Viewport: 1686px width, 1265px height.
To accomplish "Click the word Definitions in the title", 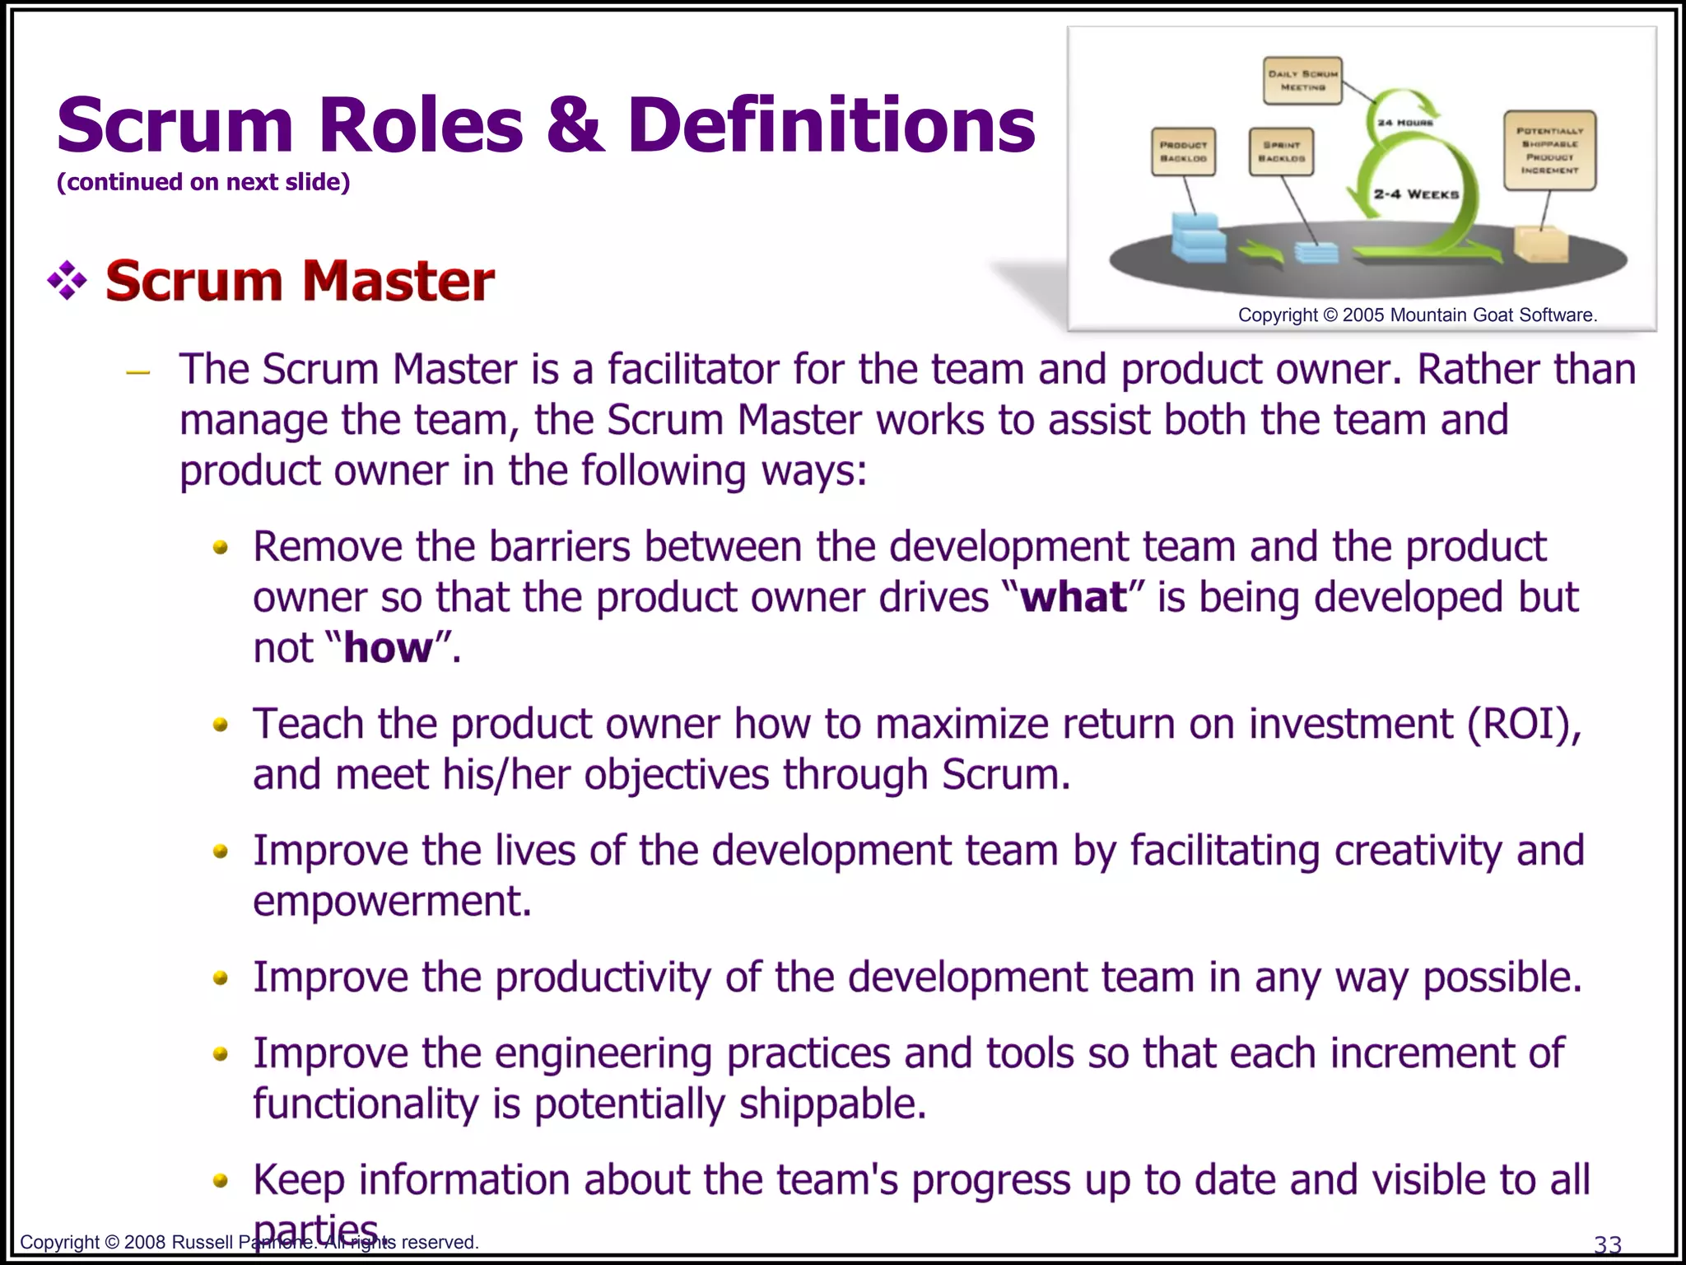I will (831, 125).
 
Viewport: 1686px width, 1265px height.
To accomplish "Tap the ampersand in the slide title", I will (575, 125).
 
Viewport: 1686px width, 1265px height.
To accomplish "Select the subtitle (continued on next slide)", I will (203, 182).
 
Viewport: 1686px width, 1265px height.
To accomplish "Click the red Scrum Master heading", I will (300, 281).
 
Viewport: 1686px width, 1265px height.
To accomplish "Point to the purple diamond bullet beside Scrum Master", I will (68, 281).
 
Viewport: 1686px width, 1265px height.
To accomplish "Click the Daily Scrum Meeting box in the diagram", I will (1302, 80).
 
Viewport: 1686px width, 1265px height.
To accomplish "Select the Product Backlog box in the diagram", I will (1183, 152).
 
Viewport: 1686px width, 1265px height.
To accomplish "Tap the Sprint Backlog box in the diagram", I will (1280, 152).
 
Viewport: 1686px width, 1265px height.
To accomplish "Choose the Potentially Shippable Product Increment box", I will (1549, 151).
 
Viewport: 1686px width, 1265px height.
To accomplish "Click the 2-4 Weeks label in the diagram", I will (1416, 194).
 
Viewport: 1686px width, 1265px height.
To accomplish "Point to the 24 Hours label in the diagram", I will (1404, 123).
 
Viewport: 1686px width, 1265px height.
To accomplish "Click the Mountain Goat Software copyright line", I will (1417, 315).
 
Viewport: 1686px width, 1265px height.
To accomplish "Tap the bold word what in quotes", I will (1074, 597).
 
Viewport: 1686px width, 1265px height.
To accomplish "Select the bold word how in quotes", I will (388, 648).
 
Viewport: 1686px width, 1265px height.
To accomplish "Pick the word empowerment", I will (392, 902).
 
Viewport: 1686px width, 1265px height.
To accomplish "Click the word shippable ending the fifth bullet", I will (832, 1104).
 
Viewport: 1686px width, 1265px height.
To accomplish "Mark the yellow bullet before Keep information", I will (220, 1181).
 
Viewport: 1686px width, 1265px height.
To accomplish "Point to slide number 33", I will (1608, 1244).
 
